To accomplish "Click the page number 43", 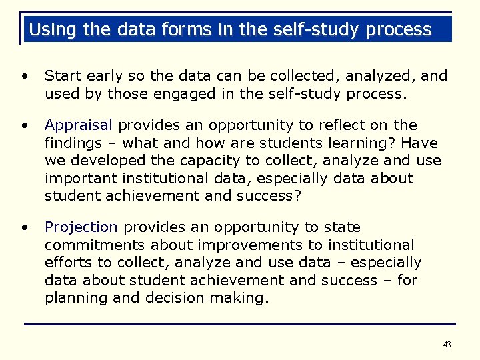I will pyautogui.click(x=447, y=345).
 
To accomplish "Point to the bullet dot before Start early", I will pyautogui.click(x=25, y=76).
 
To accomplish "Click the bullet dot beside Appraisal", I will pyautogui.click(x=25, y=125).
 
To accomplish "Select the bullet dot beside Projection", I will pyautogui.click(x=25, y=227).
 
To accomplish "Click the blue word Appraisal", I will pyautogui.click(x=79, y=126).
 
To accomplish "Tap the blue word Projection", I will pyautogui.click(x=81, y=228).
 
